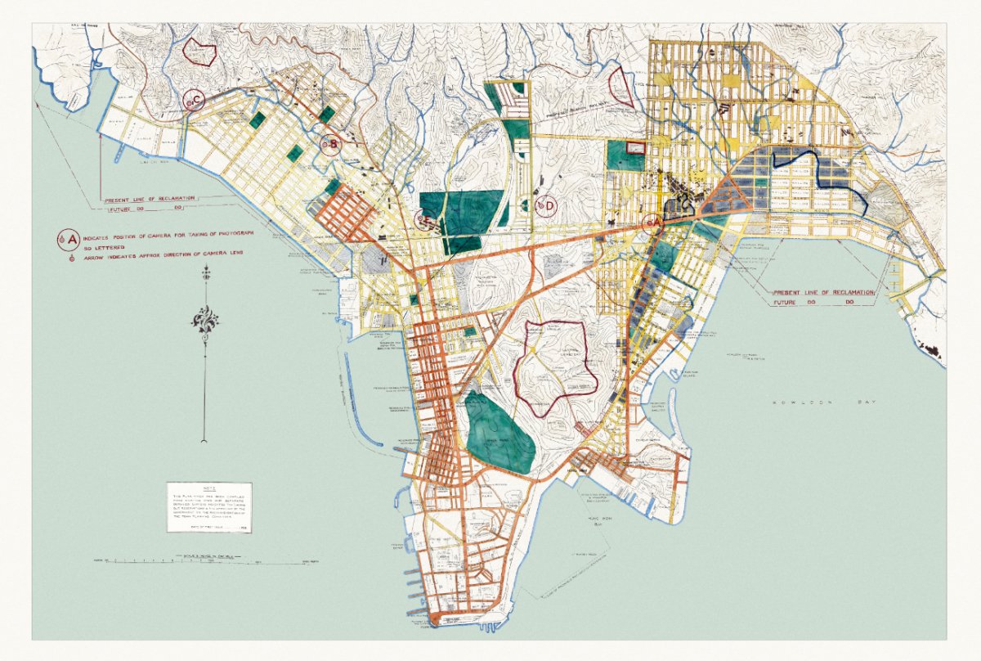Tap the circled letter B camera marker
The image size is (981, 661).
(x=330, y=146)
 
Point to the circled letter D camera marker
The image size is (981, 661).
(x=546, y=205)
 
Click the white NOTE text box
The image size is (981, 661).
(x=210, y=507)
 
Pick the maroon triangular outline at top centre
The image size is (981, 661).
(x=622, y=88)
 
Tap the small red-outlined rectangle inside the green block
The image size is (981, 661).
(x=634, y=148)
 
